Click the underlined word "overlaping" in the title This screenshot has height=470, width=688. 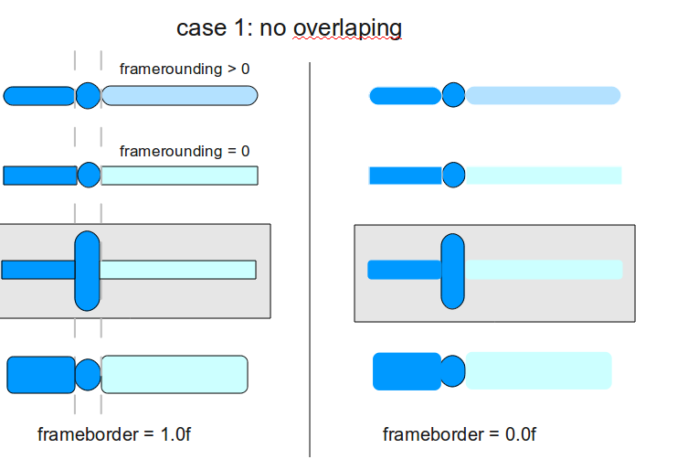[347, 28]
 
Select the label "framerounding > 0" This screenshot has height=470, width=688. [185, 69]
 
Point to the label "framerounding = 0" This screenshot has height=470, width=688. [185, 151]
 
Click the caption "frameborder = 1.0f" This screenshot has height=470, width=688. [114, 434]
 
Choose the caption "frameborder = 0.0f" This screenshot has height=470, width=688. [460, 434]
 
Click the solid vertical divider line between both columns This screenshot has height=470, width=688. [311, 256]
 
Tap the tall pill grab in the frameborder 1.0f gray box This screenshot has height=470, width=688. [87, 271]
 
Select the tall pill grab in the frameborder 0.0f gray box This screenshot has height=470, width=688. [453, 271]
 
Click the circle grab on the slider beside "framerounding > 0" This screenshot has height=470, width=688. [88, 95]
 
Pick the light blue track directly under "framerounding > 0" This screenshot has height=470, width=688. [179, 95]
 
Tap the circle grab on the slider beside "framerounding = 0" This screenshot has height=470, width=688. [89, 175]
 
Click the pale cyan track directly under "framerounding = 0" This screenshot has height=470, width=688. [179, 176]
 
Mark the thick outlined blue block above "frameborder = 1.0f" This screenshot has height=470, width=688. [41, 375]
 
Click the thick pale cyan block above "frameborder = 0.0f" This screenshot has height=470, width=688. [538, 370]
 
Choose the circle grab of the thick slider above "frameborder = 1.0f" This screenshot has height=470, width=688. [88, 375]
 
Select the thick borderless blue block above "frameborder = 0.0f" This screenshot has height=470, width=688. [407, 371]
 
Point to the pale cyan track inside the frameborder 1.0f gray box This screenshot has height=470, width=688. [177, 270]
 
